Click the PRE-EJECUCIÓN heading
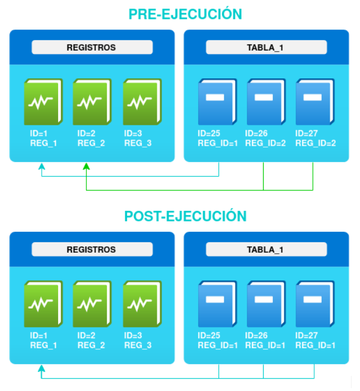(185, 14)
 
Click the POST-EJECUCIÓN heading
(185, 216)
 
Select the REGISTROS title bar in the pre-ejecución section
(92, 48)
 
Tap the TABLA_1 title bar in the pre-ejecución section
(266, 48)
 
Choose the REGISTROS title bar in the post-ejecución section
(92, 250)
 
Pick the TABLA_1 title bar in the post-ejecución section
(266, 250)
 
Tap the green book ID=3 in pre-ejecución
(141, 102)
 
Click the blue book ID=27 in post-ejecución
(315, 304)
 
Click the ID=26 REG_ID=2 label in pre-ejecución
(266, 138)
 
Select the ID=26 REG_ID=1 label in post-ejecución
(266, 340)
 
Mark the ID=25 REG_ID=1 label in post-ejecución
(218, 340)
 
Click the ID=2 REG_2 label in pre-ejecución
(91, 138)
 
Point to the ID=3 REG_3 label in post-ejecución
(138, 340)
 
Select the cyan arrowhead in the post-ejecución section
(41, 369)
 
